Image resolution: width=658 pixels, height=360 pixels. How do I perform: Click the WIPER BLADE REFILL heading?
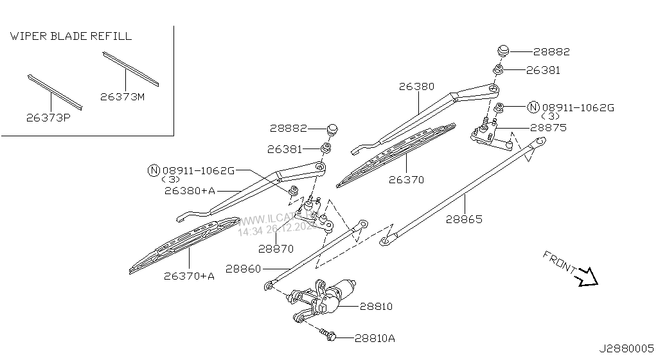coord(71,37)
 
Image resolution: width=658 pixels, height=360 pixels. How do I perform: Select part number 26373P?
coord(48,118)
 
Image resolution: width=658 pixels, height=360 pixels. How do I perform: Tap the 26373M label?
coord(122,97)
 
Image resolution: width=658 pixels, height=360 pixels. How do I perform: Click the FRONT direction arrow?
coord(588,276)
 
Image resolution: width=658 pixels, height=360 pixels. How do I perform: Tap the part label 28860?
coord(244,268)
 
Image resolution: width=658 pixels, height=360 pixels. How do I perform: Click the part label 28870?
coord(276,248)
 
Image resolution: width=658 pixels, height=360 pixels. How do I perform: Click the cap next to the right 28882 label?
coord(503,51)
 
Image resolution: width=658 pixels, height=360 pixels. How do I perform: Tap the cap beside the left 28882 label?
coord(332,129)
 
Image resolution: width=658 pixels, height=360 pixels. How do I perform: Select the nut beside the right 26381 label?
coord(498,69)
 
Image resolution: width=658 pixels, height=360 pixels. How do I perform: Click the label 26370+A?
coord(189,276)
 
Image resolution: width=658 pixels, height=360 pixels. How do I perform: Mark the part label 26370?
coord(406,180)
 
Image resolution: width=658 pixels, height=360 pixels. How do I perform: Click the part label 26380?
coord(416,85)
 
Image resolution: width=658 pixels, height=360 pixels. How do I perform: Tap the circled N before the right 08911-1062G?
coord(533,107)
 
